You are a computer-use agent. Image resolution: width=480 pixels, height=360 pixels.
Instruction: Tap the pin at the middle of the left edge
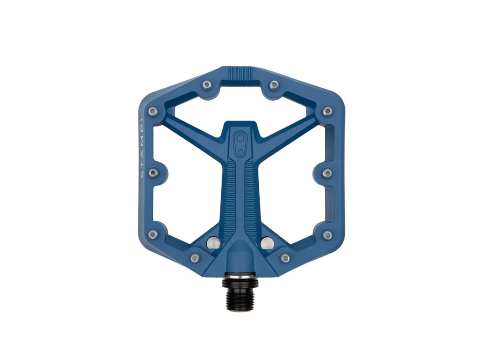(153, 173)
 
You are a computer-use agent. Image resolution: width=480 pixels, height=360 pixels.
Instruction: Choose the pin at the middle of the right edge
(327, 173)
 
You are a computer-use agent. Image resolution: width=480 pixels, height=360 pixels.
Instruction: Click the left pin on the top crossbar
(207, 84)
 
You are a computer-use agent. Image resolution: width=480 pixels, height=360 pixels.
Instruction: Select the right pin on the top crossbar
(275, 84)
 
